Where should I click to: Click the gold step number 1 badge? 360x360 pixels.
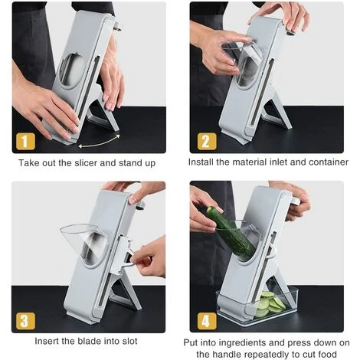[x=25, y=141]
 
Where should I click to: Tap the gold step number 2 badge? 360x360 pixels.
[x=207, y=141]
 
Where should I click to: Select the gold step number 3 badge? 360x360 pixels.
[x=25, y=321]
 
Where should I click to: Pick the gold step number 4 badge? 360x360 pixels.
[x=207, y=321]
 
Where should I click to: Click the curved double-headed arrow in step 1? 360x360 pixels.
[x=100, y=142]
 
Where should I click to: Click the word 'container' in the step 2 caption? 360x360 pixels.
[x=329, y=162]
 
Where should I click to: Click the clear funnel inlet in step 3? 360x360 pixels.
[x=84, y=240]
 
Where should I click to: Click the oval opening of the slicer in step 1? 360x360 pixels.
[x=73, y=70]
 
